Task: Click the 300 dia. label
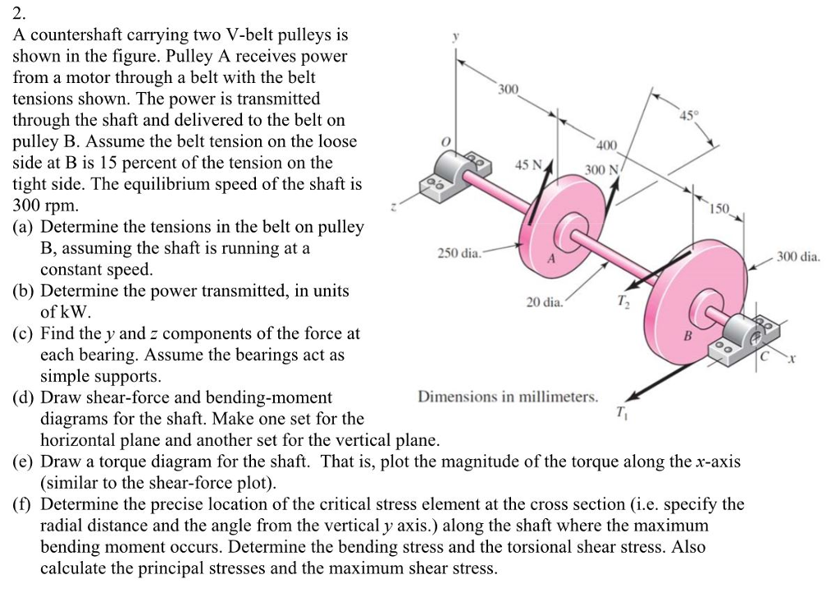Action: point(798,257)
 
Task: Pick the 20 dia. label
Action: point(544,302)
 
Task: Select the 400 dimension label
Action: point(606,146)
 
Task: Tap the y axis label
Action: point(456,38)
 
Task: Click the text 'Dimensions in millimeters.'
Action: point(508,397)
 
